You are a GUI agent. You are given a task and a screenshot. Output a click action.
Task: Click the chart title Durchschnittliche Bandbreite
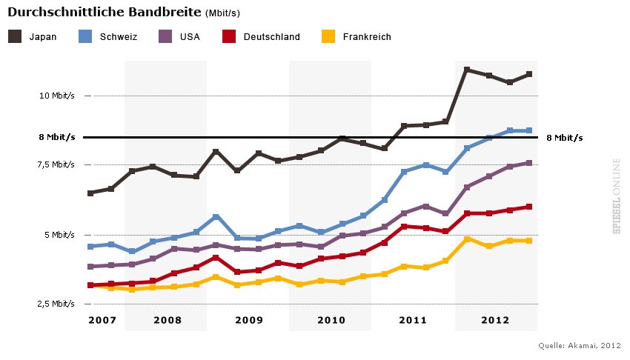click(x=104, y=13)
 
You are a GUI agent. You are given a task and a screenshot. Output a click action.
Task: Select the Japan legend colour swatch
click(x=15, y=36)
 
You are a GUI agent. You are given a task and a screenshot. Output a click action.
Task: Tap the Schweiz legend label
click(x=119, y=37)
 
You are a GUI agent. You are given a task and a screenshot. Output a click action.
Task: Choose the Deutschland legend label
click(x=272, y=37)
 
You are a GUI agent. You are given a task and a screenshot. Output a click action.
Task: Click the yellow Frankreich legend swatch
click(x=328, y=36)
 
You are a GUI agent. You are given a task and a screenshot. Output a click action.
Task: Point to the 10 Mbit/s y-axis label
click(x=58, y=96)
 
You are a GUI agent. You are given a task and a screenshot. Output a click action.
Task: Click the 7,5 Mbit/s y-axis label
click(x=56, y=164)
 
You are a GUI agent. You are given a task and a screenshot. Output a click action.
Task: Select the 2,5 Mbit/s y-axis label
click(x=56, y=304)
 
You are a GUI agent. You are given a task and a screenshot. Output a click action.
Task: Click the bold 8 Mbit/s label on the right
click(x=565, y=138)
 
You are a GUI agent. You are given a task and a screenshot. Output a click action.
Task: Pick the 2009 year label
click(x=249, y=320)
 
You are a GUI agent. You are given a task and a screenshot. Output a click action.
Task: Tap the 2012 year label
click(x=495, y=320)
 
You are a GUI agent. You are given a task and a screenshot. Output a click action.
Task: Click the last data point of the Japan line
click(x=528, y=74)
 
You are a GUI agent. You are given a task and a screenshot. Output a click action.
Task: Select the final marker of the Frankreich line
click(x=528, y=241)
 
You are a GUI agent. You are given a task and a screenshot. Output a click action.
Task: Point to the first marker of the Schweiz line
click(x=90, y=247)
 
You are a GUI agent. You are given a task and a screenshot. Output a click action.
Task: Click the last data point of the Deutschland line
click(x=528, y=207)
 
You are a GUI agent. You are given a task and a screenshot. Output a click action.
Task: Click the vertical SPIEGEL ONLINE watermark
click(x=616, y=196)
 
